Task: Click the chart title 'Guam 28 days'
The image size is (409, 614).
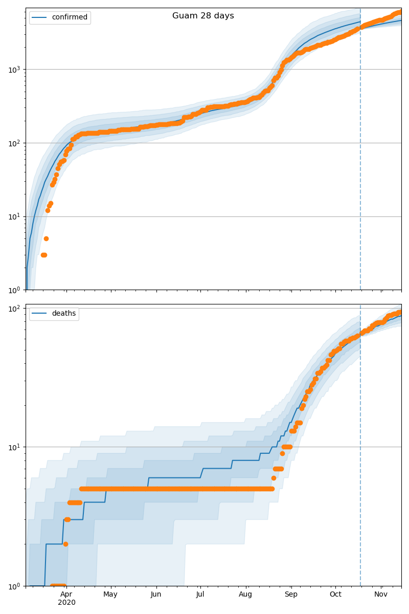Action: (x=203, y=16)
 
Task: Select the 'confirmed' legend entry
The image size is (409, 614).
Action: (x=70, y=17)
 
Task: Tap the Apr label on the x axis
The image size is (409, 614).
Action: (x=66, y=594)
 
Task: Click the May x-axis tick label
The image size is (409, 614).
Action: (x=110, y=594)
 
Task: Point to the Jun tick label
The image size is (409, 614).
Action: (x=156, y=594)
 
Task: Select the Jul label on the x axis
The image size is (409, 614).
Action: (x=200, y=594)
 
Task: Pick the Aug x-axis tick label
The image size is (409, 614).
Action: (x=245, y=594)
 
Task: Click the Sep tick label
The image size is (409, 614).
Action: (x=291, y=594)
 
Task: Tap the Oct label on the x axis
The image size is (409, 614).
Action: (x=335, y=594)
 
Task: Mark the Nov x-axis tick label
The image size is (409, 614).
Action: (x=381, y=594)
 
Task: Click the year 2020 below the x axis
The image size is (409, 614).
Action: (x=66, y=603)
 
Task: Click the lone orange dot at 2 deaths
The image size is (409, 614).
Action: (x=65, y=544)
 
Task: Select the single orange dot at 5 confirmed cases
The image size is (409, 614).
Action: (x=46, y=238)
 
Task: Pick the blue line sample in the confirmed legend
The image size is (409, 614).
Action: (x=40, y=17)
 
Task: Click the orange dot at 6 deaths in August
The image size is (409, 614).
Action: (x=274, y=478)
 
